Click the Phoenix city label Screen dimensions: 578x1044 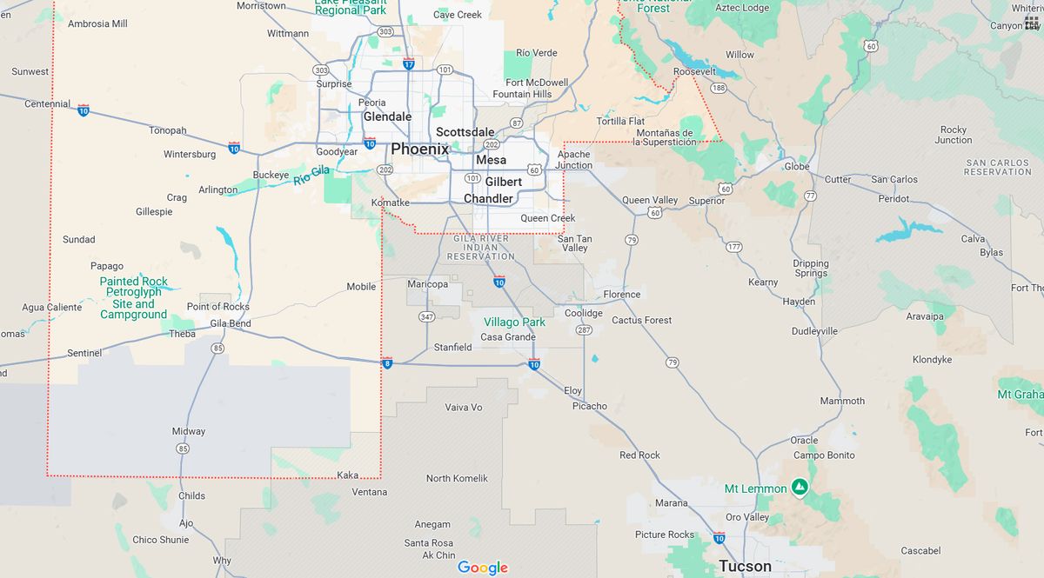(419, 149)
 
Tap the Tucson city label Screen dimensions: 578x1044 (745, 566)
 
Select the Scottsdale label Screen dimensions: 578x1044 (465, 132)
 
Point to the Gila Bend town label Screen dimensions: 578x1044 (231, 324)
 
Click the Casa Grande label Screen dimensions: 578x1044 (508, 337)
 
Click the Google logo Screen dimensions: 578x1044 (483, 568)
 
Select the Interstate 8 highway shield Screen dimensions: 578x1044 (386, 362)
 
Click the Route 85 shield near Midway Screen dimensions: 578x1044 (182, 448)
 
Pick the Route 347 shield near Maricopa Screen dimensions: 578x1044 (426, 316)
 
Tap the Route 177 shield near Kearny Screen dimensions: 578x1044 (734, 248)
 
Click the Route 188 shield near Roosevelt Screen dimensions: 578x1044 (719, 89)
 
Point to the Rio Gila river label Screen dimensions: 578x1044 (311, 175)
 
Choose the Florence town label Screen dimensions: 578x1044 (622, 295)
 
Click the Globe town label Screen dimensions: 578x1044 (797, 166)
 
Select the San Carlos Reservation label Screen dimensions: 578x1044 (998, 167)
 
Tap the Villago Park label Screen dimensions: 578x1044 (514, 322)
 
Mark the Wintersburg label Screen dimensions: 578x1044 (190, 155)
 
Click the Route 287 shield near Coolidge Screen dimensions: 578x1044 (584, 330)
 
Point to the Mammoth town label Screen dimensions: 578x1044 (842, 401)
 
